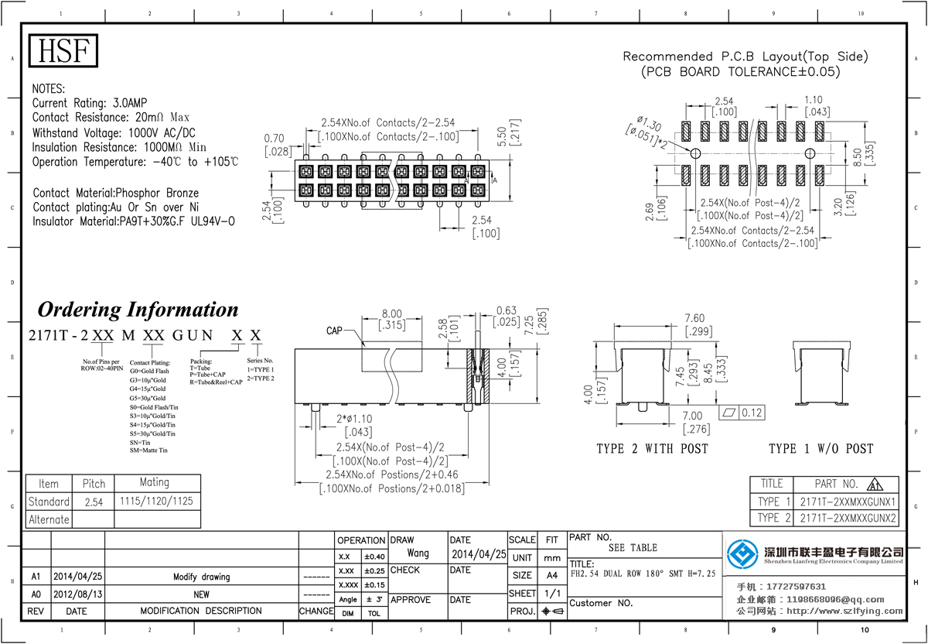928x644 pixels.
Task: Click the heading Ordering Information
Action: pyautogui.click(x=138, y=310)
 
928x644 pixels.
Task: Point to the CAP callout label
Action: pyautogui.click(x=334, y=331)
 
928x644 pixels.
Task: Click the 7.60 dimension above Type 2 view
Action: pyautogui.click(x=673, y=317)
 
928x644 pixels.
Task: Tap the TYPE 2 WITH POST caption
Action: pyautogui.click(x=652, y=449)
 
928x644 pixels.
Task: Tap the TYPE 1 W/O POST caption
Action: pyautogui.click(x=821, y=449)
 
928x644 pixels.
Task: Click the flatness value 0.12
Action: pyautogui.click(x=752, y=413)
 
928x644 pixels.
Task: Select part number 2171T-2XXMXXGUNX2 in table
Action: pyautogui.click(x=848, y=518)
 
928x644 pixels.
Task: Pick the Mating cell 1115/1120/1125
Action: pyautogui.click(x=157, y=502)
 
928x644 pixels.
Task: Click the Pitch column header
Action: pyautogui.click(x=94, y=484)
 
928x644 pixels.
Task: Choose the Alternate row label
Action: pyautogui.click(x=49, y=519)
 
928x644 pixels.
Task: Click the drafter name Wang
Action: pyautogui.click(x=418, y=553)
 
